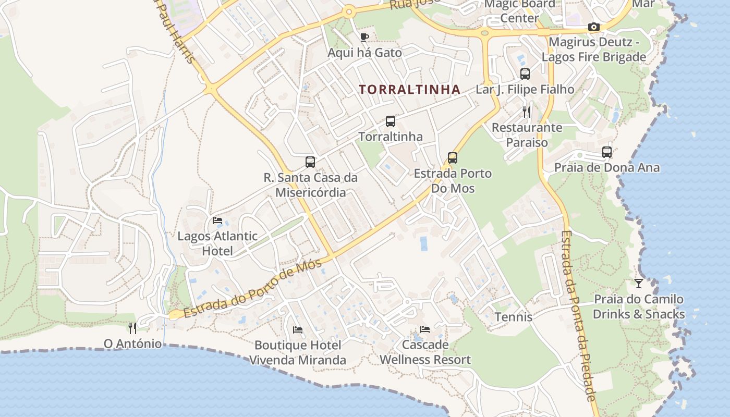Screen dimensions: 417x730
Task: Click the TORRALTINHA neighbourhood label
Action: [410, 90]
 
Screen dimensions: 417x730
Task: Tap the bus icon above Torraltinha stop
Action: [390, 121]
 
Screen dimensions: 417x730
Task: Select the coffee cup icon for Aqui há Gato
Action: [364, 37]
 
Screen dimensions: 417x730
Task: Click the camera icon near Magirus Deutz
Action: [593, 27]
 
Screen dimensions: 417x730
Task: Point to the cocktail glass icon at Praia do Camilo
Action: [639, 284]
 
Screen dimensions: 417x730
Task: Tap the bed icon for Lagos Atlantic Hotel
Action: [217, 220]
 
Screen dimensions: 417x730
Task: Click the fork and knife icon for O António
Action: [132, 328]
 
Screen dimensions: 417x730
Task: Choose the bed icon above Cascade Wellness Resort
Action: [425, 329]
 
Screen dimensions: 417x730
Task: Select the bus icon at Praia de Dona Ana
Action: [607, 152]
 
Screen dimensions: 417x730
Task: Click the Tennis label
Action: [514, 317]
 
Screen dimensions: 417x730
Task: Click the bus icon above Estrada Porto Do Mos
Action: [453, 158]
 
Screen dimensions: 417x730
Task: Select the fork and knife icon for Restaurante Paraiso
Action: [527, 112]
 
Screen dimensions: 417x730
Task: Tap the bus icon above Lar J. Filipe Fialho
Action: [525, 74]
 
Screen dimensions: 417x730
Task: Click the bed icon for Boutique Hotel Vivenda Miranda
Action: [298, 329]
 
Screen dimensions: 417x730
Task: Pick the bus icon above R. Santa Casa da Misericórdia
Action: [310, 162]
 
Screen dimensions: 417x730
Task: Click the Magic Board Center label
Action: [519, 11]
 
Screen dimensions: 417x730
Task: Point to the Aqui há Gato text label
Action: [364, 53]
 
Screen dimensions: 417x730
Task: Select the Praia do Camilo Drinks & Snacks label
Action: [639, 307]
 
